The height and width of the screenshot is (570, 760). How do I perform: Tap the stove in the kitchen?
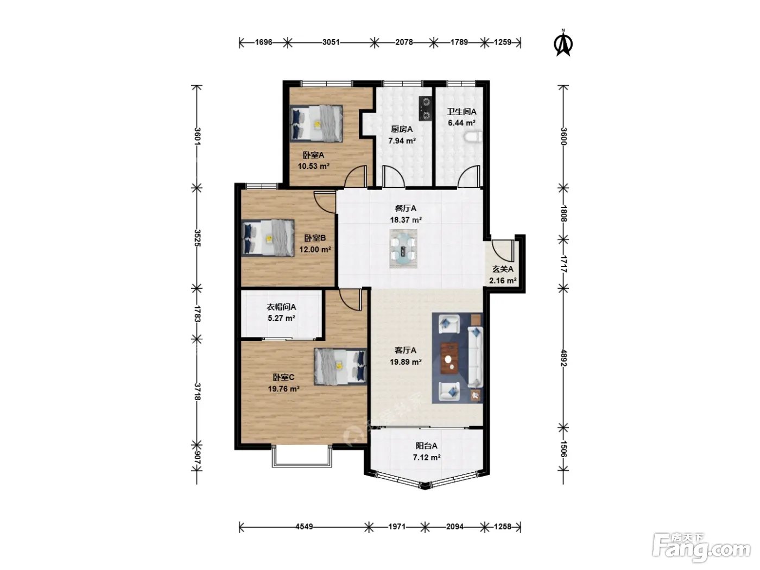[426, 109]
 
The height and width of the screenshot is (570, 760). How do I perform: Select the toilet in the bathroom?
[474, 137]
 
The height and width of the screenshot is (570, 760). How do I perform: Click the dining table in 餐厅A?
[403, 249]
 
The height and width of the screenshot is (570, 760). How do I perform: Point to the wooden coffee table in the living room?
[449, 358]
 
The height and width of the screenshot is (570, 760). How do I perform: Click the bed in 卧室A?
[316, 124]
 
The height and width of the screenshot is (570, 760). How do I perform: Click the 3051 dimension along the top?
[331, 42]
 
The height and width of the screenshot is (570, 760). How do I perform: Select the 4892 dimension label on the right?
[563, 358]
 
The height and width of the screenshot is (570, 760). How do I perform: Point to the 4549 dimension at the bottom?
[304, 527]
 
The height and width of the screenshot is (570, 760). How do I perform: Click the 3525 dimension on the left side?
[197, 238]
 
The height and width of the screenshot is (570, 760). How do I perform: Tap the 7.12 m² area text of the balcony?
[427, 458]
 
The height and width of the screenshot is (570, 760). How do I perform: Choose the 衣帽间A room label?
[281, 307]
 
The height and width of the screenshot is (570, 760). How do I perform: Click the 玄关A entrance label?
[503, 269]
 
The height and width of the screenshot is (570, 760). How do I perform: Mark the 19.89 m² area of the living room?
[406, 362]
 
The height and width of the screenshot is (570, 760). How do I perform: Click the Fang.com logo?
[701, 549]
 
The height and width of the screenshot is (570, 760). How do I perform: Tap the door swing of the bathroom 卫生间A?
[469, 177]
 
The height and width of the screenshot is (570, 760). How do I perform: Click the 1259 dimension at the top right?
[502, 42]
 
